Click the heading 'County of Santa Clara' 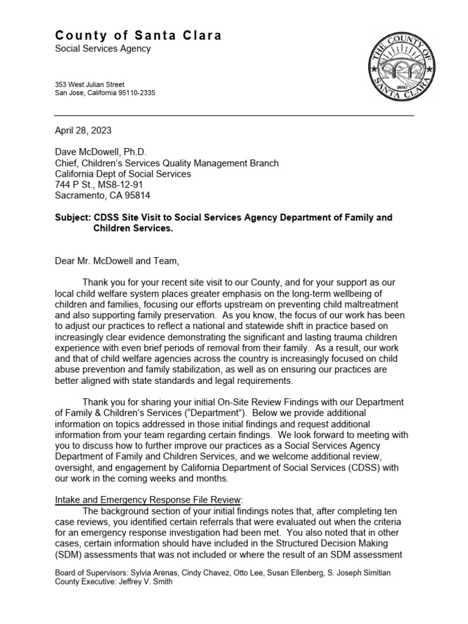pyautogui.click(x=138, y=36)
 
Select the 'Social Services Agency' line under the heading pyautogui.click(x=102, y=49)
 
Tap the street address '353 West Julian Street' pyautogui.click(x=90, y=84)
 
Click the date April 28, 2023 pyautogui.click(x=83, y=130)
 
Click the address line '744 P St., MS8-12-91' pyautogui.click(x=99, y=185)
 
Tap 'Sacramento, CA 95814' pyautogui.click(x=102, y=196)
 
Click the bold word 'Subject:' pyautogui.click(x=73, y=218)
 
